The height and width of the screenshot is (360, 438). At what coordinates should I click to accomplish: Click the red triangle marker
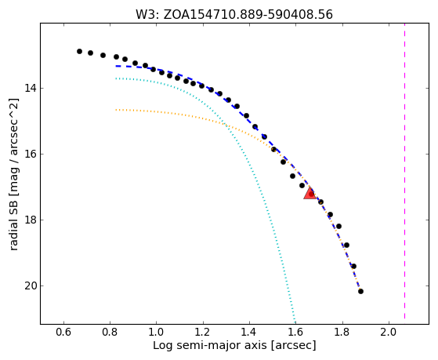309,193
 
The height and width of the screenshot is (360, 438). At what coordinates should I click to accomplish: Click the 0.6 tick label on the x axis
63,333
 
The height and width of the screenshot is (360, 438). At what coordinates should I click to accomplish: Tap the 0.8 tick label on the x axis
110,333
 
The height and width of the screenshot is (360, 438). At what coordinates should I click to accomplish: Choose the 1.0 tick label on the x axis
157,333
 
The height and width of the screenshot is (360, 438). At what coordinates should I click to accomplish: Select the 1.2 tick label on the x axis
203,333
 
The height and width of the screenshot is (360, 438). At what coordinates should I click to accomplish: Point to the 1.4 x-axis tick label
249,333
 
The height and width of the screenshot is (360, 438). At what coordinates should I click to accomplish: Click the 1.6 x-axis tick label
296,333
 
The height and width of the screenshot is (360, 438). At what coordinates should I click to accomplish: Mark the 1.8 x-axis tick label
342,333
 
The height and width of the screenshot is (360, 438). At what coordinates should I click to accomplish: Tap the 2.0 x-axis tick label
389,333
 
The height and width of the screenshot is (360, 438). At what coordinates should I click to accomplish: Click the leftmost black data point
79,51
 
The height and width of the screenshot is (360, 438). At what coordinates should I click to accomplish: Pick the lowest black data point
360,292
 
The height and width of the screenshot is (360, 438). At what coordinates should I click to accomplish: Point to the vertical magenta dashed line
404,171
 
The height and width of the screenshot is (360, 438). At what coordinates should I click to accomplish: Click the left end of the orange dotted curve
116,110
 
